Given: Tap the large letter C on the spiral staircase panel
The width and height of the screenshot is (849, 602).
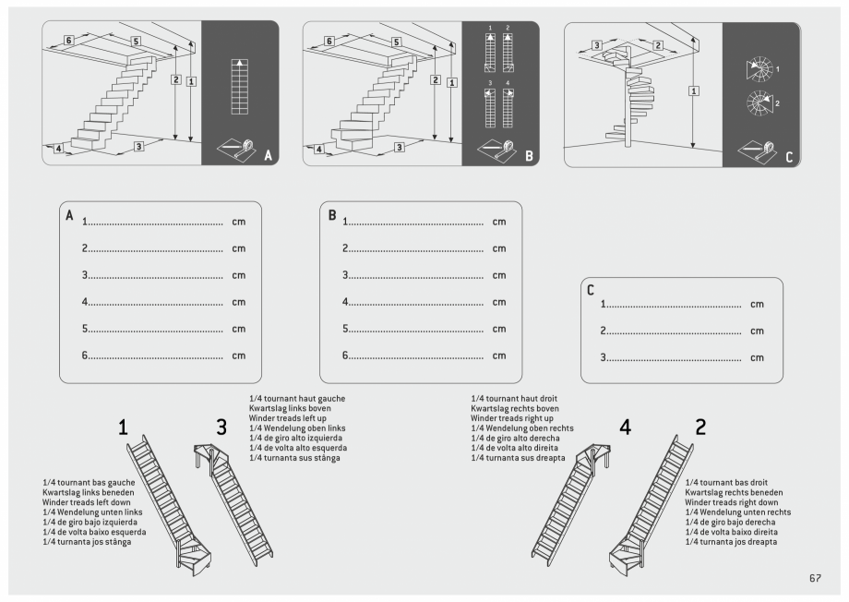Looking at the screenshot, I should pos(789,156).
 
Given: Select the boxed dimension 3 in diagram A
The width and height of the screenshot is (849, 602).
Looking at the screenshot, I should pos(139,146).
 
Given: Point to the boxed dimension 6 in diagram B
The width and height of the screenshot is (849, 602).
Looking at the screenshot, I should pos(329,42).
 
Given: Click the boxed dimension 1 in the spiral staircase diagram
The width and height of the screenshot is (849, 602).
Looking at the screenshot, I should pos(693,90).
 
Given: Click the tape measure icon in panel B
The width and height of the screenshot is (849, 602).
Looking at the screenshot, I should pos(499,148).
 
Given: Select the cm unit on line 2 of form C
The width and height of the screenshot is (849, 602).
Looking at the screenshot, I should pos(758,331).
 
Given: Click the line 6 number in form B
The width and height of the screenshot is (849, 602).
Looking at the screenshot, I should pos(346,355).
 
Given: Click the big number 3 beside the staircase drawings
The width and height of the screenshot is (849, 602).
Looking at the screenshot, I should pos(221,427).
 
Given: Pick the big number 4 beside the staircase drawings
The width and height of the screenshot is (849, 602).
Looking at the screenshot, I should pos(626,427).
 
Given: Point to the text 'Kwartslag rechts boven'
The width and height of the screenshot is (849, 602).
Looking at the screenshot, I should pos(515,408).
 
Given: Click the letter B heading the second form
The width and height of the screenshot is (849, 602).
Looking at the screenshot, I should pos(333,216).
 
